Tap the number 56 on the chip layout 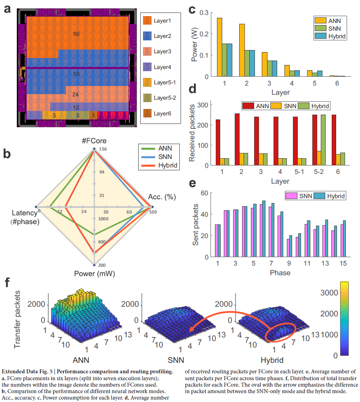point(76,34)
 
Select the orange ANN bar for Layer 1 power point(219,47)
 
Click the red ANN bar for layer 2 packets point(237,139)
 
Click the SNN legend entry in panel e point(303,196)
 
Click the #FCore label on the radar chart point(94,142)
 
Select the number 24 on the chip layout point(76,95)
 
